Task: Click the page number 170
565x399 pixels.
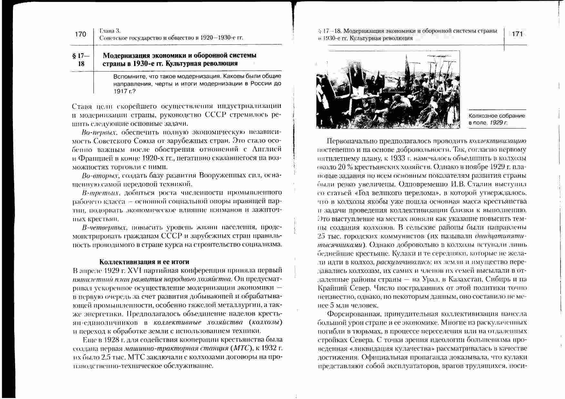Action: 80,34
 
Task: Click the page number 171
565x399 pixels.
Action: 517,34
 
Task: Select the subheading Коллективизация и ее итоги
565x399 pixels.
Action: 144,261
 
